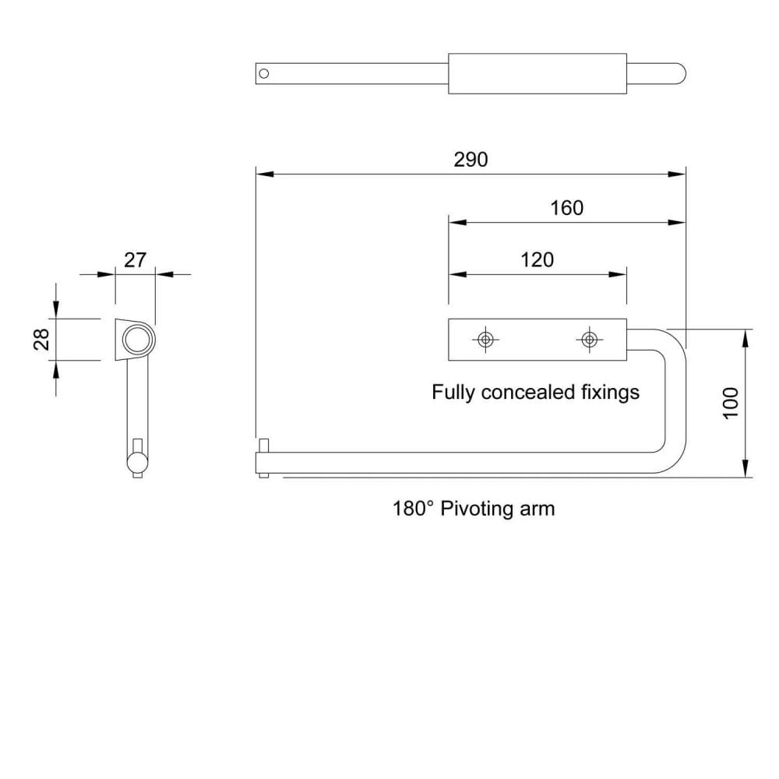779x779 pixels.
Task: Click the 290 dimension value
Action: pos(471,160)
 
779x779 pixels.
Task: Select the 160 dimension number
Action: pos(566,208)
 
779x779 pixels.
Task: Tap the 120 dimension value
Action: pos(537,260)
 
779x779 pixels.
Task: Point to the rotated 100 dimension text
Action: pos(731,403)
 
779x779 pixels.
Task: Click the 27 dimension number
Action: pos(135,260)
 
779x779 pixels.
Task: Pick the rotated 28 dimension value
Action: pos(42,340)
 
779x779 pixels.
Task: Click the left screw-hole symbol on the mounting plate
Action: pos(485,340)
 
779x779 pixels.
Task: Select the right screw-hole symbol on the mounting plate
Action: pos(589,340)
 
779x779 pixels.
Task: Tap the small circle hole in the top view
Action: pos(264,73)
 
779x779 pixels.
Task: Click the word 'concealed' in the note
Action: pos(528,392)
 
